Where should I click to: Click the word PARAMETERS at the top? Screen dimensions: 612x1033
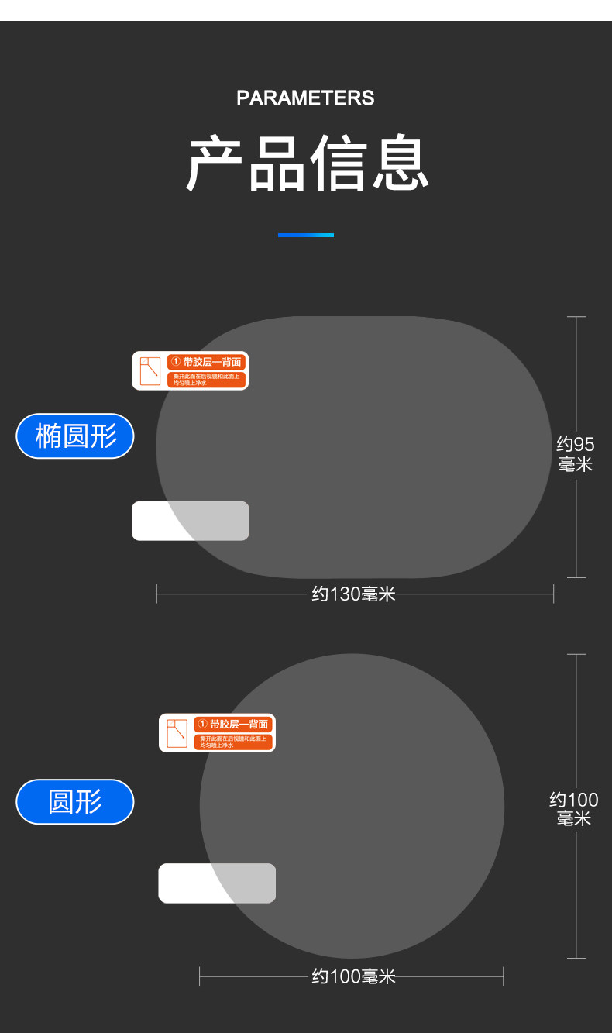point(305,98)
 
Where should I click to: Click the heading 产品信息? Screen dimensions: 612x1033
point(308,164)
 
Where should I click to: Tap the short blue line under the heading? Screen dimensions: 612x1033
point(306,235)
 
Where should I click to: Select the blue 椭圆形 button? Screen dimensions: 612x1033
point(75,436)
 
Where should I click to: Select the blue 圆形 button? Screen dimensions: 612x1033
point(75,801)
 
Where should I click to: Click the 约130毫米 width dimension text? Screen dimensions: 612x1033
point(353,594)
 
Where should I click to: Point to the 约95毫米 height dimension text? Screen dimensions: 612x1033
point(576,454)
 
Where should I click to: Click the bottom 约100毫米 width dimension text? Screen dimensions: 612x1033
point(353,976)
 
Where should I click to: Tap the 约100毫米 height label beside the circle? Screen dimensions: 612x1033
point(574,809)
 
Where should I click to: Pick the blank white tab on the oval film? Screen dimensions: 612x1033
point(191,521)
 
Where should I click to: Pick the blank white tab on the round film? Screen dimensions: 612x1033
point(217,883)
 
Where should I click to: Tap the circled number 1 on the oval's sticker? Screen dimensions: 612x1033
point(175,362)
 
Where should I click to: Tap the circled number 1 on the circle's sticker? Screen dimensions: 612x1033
point(202,724)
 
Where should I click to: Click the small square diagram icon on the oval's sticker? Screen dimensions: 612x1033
point(150,370)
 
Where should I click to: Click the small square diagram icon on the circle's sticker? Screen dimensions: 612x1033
point(177,733)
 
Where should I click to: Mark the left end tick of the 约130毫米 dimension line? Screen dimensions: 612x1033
point(156,594)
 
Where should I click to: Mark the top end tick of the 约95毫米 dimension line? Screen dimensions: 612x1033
point(576,317)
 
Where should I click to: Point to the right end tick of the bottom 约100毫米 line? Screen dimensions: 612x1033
point(504,976)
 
